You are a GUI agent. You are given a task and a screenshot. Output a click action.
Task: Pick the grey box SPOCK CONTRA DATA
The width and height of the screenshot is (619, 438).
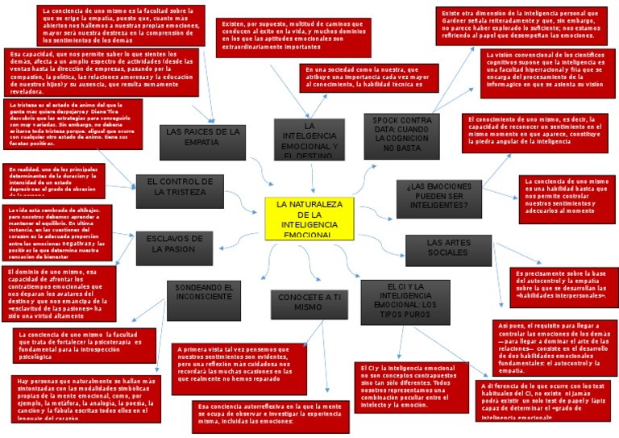(x=402, y=135)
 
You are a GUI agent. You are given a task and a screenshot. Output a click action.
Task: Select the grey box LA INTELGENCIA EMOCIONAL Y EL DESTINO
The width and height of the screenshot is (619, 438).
(x=309, y=139)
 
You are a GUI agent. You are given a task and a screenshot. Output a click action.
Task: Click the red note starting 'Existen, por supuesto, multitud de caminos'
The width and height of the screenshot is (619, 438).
(x=297, y=36)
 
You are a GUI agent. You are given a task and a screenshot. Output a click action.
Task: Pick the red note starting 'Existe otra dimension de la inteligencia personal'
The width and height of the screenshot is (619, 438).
(x=521, y=25)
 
